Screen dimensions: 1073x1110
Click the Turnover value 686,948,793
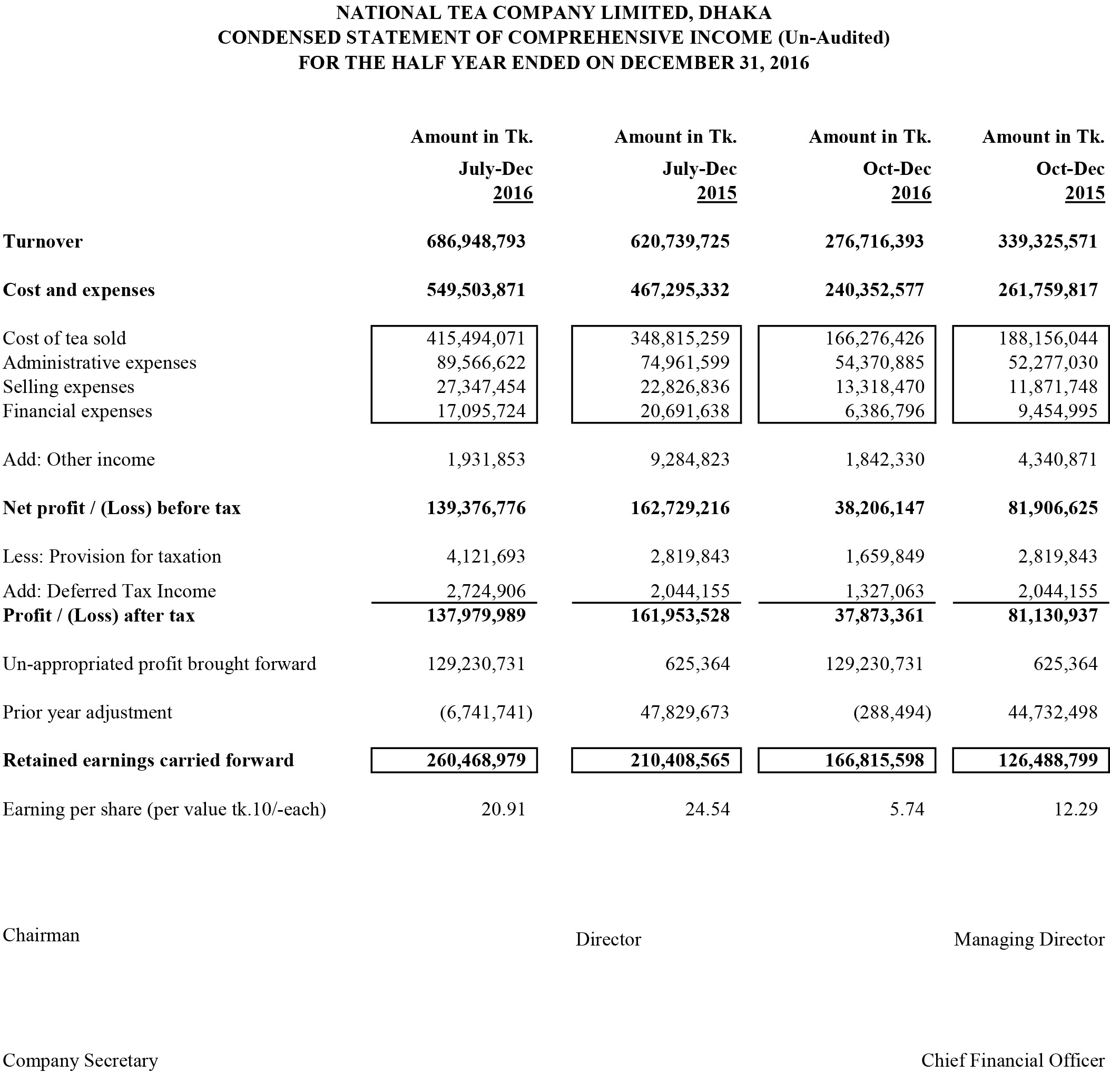pyautogui.click(x=476, y=242)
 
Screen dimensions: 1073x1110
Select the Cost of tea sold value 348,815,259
pyautogui.click(x=680, y=339)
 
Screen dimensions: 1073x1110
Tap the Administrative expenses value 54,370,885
pyautogui.click(x=879, y=363)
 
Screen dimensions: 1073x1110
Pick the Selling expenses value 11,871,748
pyautogui.click(x=1052, y=387)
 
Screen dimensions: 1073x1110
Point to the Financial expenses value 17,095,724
pyautogui.click(x=481, y=411)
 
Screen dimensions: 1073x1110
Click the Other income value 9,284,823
pyautogui.click(x=689, y=460)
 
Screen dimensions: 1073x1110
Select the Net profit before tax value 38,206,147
pyautogui.click(x=879, y=508)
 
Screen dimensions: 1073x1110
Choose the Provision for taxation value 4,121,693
pyautogui.click(x=486, y=557)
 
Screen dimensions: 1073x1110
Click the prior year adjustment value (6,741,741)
pyautogui.click(x=486, y=713)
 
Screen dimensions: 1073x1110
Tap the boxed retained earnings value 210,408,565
pyautogui.click(x=680, y=761)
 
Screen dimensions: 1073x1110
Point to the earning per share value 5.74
pyautogui.click(x=907, y=810)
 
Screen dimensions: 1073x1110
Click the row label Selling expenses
pyautogui.click(x=68, y=387)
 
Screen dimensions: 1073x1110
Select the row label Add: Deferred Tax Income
pyautogui.click(x=109, y=592)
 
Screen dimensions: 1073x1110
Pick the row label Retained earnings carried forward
pyautogui.click(x=149, y=761)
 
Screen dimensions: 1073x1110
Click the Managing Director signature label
pyautogui.click(x=1028, y=940)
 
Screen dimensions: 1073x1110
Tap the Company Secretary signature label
pyautogui.click(x=81, y=1060)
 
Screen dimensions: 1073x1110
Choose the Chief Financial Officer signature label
pyautogui.click(x=1013, y=1060)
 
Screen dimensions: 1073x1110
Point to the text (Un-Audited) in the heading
pyautogui.click(x=833, y=38)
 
